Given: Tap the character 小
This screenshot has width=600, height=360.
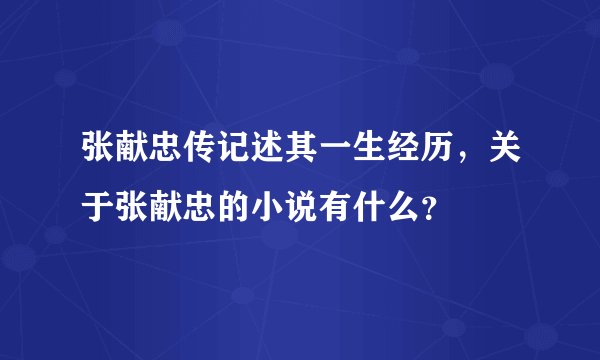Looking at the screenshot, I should coord(285,208).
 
